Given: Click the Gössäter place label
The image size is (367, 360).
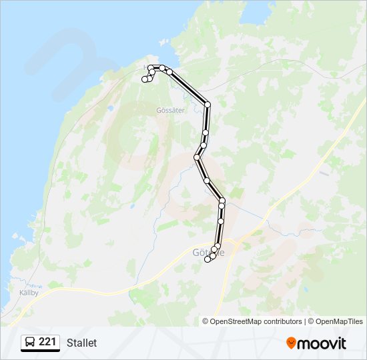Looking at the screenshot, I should (169, 111).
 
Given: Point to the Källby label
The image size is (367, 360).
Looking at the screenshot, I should (29, 292).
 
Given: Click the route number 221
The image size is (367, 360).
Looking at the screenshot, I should (47, 342).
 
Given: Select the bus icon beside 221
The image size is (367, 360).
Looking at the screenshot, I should (31, 343).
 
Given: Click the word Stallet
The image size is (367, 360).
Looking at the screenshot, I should (81, 343).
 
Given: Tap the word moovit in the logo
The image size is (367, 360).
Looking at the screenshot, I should (322, 343).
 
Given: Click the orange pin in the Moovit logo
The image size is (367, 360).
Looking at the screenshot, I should (291, 343).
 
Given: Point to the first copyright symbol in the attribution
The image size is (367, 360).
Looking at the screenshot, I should (206, 321).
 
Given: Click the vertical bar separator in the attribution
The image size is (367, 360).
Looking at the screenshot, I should (305, 321).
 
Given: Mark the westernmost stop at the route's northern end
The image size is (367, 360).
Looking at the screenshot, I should (145, 80).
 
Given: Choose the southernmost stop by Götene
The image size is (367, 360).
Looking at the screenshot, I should (208, 260).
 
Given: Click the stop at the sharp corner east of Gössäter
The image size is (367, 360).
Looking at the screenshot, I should (208, 105).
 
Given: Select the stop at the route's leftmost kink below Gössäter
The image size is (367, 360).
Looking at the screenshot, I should (197, 157).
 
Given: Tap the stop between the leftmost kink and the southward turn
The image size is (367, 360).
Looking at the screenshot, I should (207, 181).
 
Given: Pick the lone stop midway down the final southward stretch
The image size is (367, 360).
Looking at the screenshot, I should (221, 221).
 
